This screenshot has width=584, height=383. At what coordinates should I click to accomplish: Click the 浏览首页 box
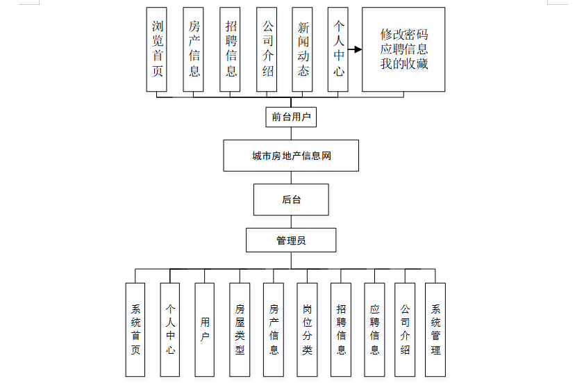click(156, 49)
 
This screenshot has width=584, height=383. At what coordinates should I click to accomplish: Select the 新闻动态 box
click(302, 49)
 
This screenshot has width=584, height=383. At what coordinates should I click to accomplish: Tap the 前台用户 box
click(291, 117)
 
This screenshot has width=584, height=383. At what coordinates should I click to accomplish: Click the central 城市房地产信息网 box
click(291, 156)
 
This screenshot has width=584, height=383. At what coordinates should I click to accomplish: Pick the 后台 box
click(291, 199)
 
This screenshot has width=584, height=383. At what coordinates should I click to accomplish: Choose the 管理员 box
click(291, 241)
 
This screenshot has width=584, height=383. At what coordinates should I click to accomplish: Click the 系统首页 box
click(135, 329)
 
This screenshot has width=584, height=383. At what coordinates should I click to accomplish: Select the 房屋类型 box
click(240, 329)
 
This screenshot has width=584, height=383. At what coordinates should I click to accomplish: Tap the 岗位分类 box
click(307, 329)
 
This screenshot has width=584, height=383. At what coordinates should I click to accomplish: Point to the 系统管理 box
click(435, 329)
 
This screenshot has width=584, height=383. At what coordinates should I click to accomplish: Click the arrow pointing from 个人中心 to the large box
click(355, 49)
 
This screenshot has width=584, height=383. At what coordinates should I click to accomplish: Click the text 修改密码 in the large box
click(404, 35)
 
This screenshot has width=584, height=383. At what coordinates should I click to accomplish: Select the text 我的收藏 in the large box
click(404, 63)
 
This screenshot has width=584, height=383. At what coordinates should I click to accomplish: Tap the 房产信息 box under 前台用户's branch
click(193, 49)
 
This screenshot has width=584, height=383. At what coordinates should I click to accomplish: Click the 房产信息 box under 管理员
click(274, 329)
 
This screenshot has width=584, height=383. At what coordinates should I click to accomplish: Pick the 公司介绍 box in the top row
click(267, 49)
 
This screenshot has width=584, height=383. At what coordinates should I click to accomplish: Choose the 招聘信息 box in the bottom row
click(341, 329)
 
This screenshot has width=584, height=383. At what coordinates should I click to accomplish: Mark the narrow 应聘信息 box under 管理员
click(374, 329)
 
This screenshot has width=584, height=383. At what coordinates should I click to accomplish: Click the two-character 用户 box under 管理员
click(204, 329)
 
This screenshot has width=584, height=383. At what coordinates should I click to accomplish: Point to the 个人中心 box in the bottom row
click(170, 329)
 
